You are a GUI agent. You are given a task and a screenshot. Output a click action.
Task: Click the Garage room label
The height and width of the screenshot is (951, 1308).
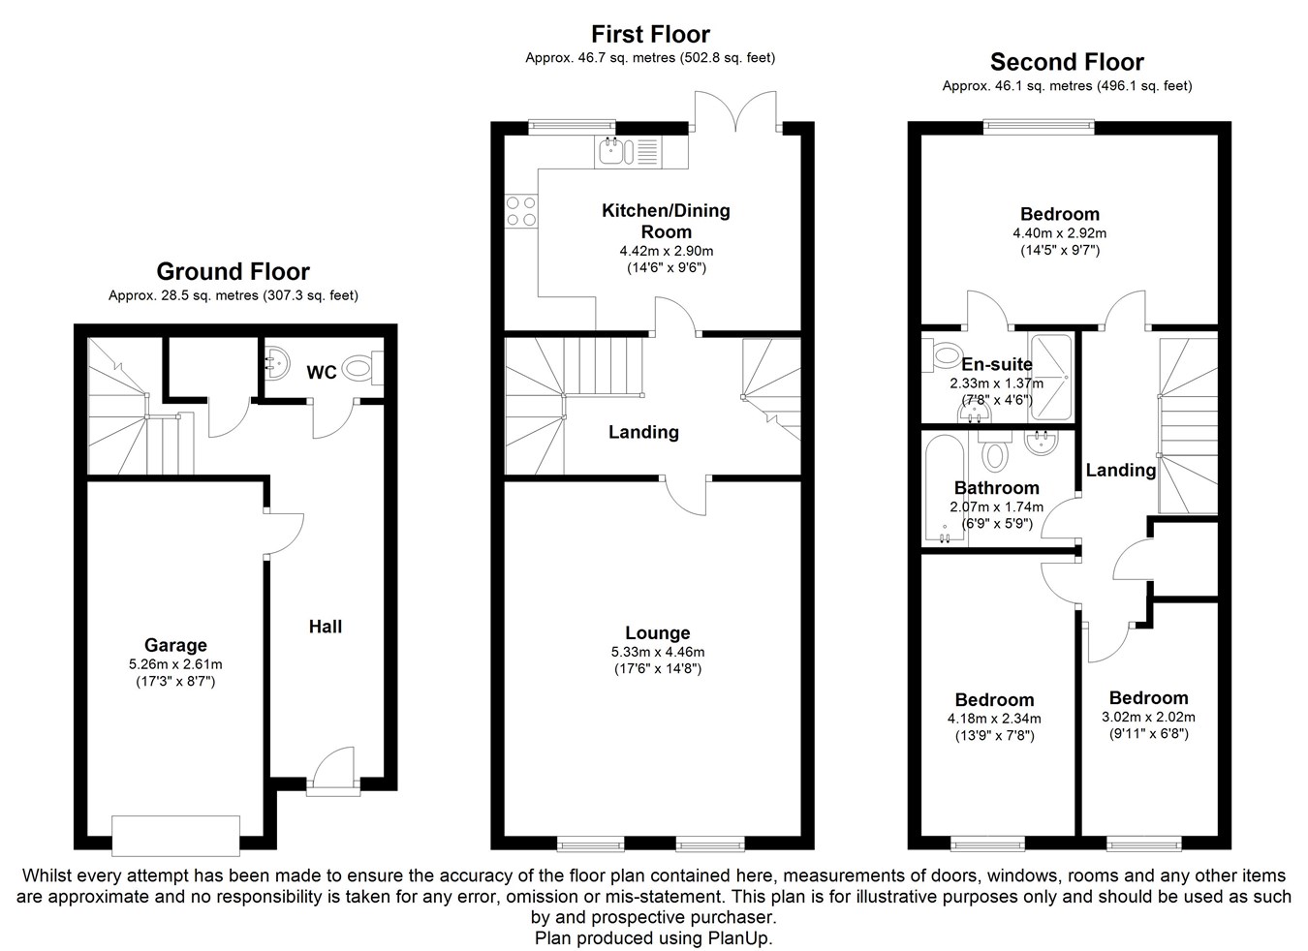[x=175, y=645]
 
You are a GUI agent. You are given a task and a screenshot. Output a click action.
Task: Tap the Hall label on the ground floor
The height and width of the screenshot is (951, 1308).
[x=326, y=627]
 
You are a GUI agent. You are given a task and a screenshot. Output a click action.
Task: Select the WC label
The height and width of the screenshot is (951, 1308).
[x=322, y=372]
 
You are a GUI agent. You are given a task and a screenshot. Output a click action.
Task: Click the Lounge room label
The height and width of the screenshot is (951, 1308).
[x=657, y=633]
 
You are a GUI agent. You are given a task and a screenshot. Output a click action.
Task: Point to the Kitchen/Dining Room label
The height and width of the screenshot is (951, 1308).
[x=666, y=221]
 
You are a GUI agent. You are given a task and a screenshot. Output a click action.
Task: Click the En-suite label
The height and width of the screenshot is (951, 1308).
[x=996, y=364]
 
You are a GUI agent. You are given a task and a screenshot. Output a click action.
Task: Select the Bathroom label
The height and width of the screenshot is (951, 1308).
[x=996, y=488]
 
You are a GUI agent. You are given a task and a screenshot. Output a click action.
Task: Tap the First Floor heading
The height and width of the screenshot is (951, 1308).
[x=650, y=36]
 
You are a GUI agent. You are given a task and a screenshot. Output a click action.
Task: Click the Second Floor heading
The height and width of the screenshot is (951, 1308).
[x=1067, y=63]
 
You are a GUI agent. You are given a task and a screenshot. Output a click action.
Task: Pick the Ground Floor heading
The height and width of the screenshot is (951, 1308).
[x=233, y=272]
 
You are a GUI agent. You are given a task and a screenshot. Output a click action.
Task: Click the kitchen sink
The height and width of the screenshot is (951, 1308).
[x=614, y=150]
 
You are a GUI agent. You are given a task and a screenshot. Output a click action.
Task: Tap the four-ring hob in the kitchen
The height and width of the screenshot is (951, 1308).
[x=521, y=211]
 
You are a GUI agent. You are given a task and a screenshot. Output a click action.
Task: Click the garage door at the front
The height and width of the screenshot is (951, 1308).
[x=175, y=835]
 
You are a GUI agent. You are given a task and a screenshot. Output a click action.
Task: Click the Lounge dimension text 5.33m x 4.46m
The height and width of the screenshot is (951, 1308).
[x=657, y=653]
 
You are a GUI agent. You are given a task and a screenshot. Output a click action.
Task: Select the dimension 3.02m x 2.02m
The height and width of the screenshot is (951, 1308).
[x=1148, y=718]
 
